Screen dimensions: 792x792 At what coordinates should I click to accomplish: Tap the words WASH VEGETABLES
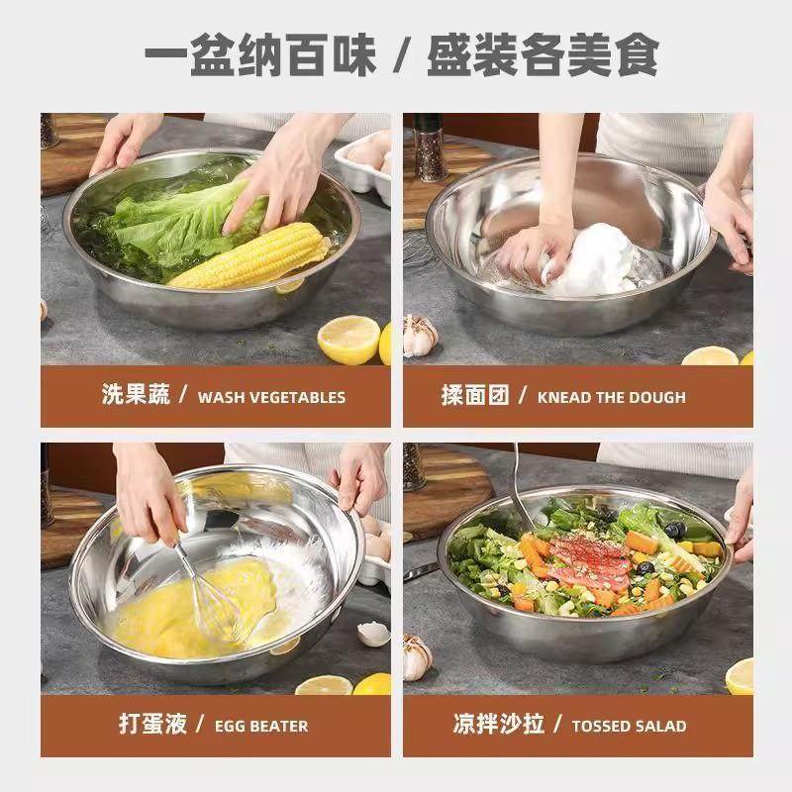tap(271, 397)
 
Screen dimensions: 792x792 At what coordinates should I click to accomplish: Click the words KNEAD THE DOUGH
tap(611, 397)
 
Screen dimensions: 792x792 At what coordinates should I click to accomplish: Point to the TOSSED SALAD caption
tap(629, 726)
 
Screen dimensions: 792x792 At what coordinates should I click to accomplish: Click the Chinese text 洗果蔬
tap(136, 396)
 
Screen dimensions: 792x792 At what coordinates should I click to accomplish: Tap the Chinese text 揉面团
tap(475, 396)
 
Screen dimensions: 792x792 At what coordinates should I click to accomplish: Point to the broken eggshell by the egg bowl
tap(372, 633)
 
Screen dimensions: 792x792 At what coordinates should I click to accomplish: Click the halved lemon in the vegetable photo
tap(348, 340)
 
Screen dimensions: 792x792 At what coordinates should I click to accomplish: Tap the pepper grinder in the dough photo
tap(430, 148)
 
